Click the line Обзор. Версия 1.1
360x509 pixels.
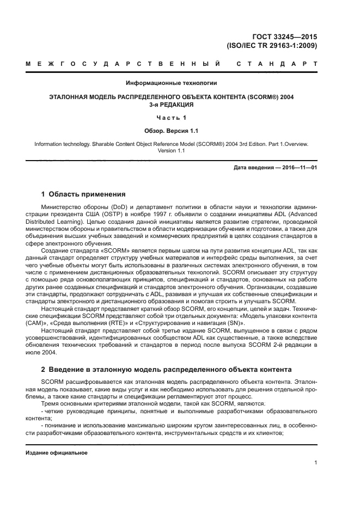coord(172,131)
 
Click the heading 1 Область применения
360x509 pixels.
coord(84,194)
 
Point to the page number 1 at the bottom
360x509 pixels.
coord(315,463)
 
